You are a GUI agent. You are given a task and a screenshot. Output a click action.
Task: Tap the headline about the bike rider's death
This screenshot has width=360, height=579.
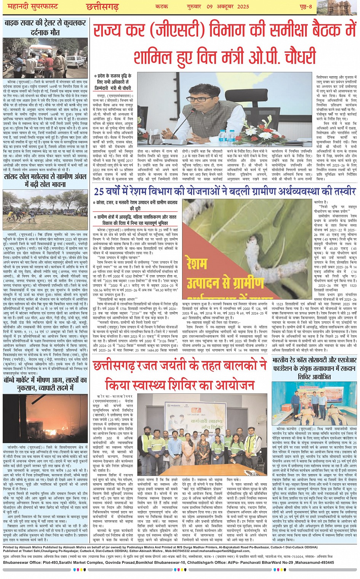click(x=45, y=27)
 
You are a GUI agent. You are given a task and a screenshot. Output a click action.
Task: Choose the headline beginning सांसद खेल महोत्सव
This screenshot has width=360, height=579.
click(x=45, y=181)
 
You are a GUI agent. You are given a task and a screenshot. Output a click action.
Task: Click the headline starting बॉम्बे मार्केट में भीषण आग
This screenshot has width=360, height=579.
click(x=45, y=384)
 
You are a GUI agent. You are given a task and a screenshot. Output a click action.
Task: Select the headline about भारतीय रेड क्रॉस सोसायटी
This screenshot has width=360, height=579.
click(x=314, y=368)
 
